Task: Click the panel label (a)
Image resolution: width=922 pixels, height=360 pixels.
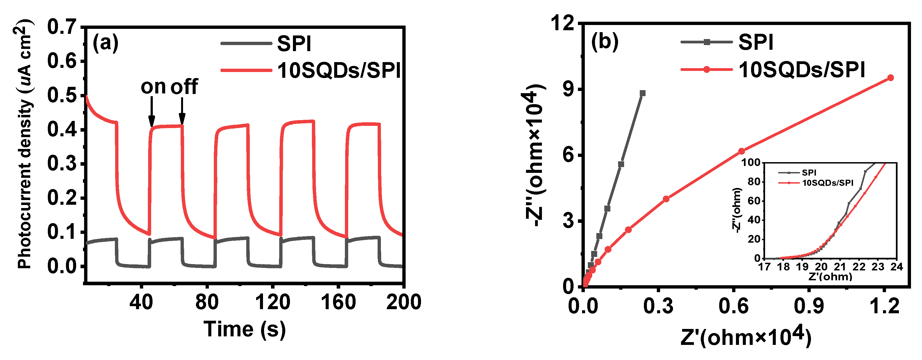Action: tap(105, 43)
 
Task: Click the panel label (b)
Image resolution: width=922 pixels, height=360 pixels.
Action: tap(605, 41)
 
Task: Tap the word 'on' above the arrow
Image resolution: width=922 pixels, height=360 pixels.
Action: tap(153, 87)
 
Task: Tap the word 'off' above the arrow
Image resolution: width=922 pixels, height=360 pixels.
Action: tap(184, 87)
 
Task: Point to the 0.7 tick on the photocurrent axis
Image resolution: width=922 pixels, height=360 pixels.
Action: tap(62, 27)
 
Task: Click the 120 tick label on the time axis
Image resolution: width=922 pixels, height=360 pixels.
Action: tap(272, 302)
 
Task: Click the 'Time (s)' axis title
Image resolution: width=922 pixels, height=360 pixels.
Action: tap(245, 329)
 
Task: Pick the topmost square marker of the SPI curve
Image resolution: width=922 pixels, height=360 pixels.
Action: tap(643, 93)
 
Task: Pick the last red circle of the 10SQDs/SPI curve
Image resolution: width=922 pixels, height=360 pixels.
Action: tap(890, 78)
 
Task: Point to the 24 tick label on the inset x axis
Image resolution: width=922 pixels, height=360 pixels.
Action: tap(897, 267)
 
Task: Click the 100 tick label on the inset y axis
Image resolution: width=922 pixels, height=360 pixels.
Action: tap(750, 163)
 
